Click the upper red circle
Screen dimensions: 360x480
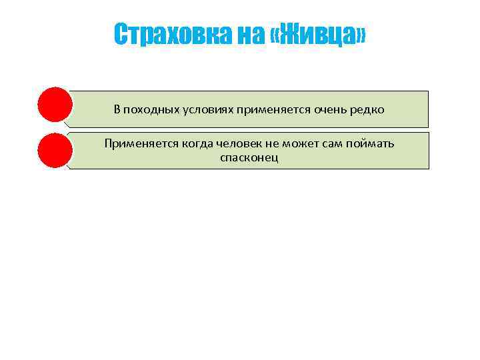(55, 105)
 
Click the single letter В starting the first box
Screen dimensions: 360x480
(117, 110)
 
